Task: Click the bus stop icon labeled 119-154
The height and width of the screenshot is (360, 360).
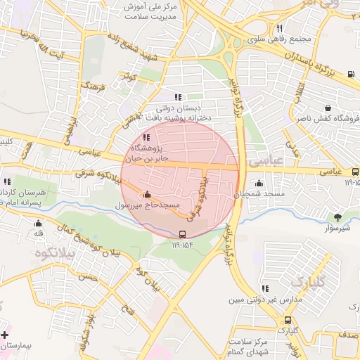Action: click(183, 234)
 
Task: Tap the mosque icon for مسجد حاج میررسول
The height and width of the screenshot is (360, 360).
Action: click(147, 195)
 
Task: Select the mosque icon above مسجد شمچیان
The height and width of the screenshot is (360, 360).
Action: click(259, 183)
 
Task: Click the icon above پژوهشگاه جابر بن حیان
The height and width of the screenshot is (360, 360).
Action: click(146, 138)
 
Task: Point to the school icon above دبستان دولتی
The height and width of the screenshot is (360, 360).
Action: click(178, 97)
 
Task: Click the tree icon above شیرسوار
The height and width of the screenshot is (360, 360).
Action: click(337, 217)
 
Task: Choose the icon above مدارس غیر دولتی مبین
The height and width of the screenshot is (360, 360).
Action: click(264, 288)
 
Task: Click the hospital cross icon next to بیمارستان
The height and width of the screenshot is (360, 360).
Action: click(6, 335)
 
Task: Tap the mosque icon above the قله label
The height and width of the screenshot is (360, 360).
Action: click(38, 223)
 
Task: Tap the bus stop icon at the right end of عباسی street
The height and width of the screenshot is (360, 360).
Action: click(355, 171)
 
